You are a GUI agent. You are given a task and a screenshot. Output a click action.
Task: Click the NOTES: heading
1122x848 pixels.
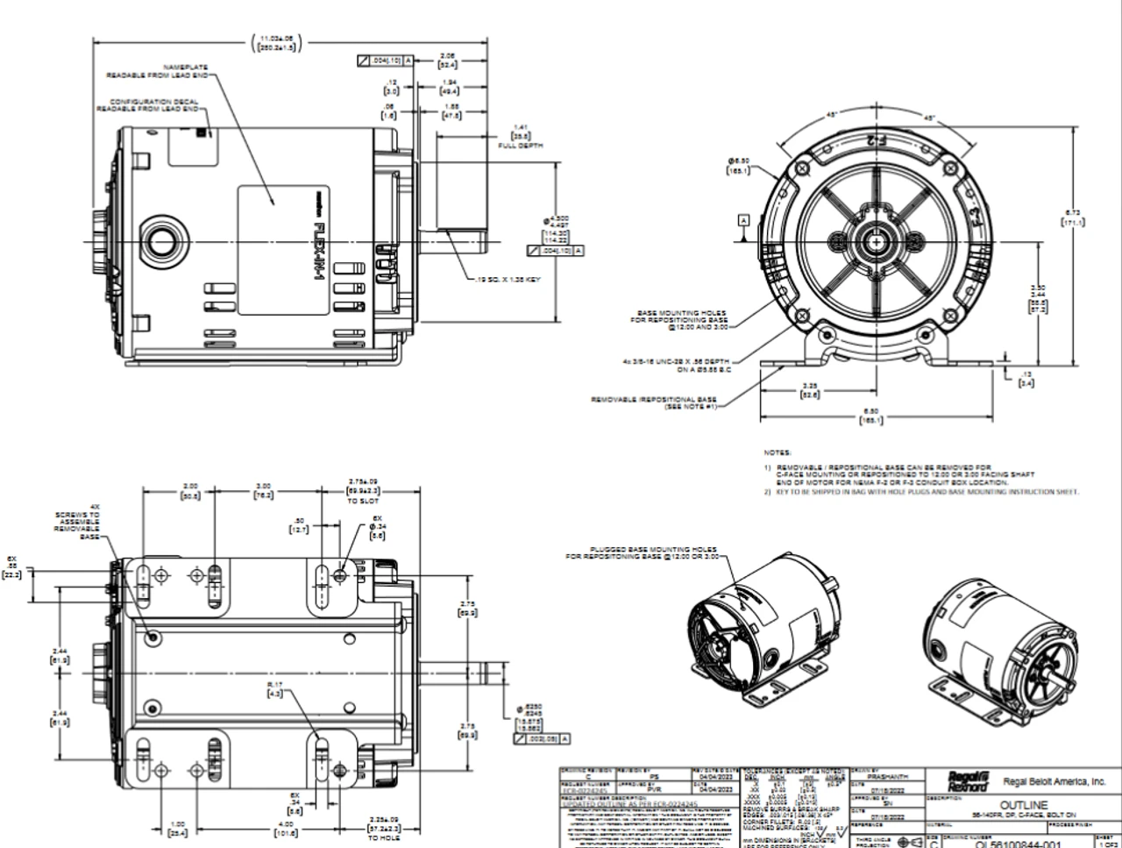point(778,453)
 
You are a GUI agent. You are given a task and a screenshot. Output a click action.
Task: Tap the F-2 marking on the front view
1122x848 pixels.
point(873,140)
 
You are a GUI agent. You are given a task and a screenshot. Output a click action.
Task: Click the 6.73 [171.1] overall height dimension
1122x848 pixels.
point(1073,217)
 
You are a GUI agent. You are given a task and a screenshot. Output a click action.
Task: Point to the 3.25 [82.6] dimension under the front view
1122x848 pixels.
point(811,390)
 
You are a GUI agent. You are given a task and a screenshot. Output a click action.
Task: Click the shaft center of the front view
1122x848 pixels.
point(877,239)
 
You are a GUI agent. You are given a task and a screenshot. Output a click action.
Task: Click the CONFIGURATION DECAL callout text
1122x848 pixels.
point(147,106)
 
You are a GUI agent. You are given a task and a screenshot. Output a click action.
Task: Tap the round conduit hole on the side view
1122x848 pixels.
point(163,239)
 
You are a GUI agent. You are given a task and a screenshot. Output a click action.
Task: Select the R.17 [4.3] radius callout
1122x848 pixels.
point(274,688)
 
